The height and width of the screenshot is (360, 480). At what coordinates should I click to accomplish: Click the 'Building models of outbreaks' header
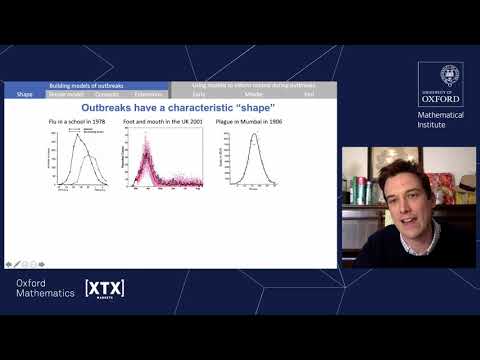coord(87,86)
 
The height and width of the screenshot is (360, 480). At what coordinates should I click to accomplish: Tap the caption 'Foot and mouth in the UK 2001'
coord(161,122)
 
